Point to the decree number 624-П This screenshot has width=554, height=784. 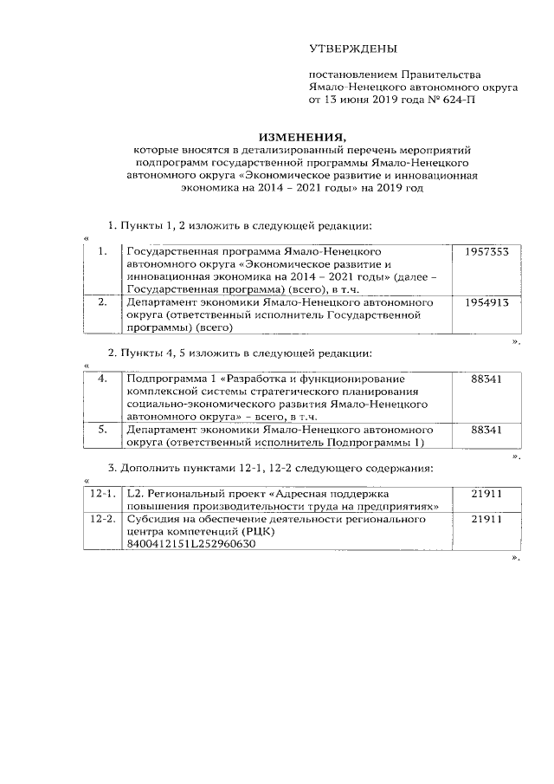(458, 100)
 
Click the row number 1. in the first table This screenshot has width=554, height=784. (102, 251)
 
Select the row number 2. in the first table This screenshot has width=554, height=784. (102, 302)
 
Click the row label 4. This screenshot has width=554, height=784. (102, 379)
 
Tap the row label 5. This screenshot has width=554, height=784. (102, 429)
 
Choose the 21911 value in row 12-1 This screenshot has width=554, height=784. (486, 493)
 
